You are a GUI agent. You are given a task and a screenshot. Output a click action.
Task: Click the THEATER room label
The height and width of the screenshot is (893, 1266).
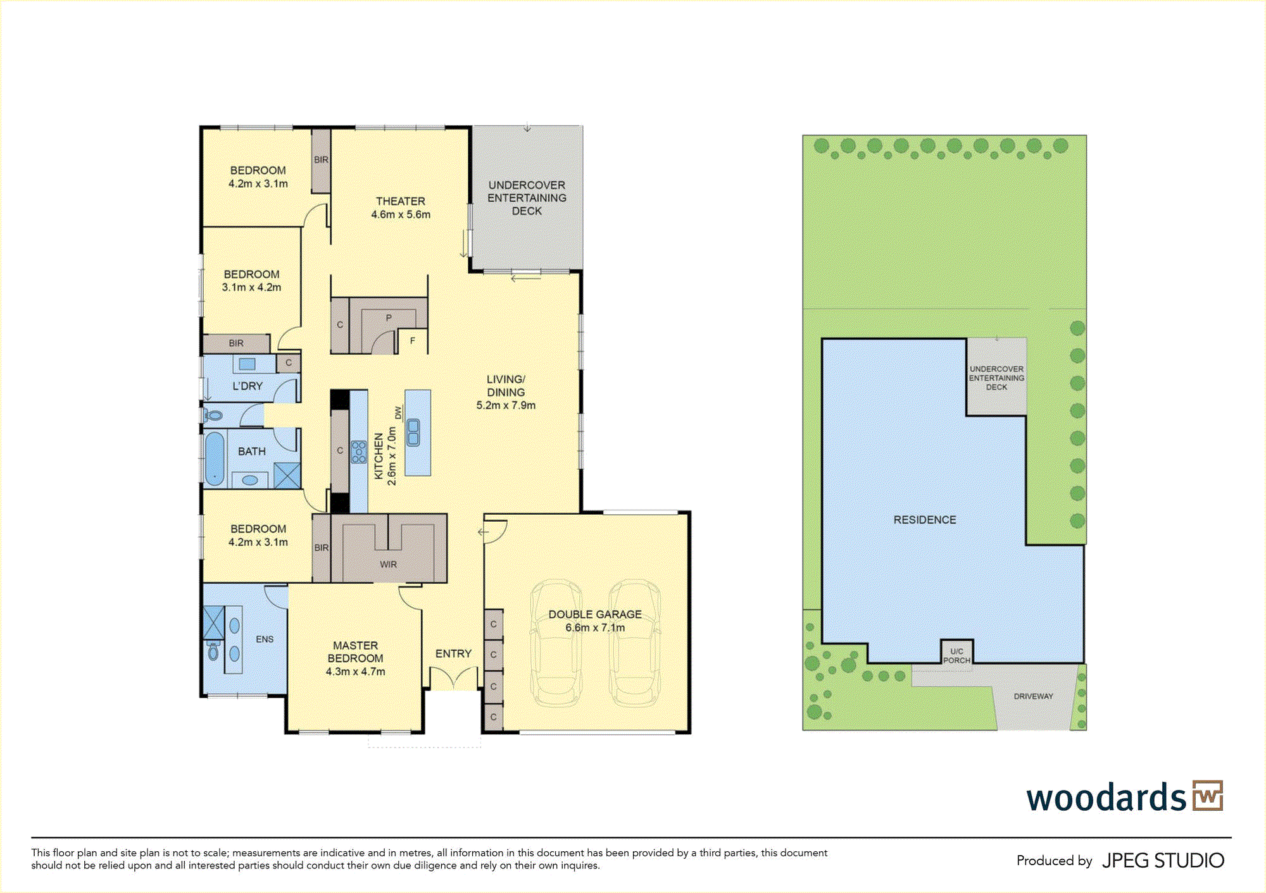[401, 201]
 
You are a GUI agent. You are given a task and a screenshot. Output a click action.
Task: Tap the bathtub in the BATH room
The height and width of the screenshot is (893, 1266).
[215, 459]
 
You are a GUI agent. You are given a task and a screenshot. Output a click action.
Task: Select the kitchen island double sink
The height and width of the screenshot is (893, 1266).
[413, 433]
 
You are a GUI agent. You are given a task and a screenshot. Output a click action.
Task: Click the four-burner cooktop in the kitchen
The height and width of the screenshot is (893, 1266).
[359, 452]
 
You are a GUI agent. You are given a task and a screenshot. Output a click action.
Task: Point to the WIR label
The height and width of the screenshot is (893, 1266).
[389, 564]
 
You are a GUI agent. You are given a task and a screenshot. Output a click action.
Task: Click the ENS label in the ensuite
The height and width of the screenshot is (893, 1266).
[265, 639]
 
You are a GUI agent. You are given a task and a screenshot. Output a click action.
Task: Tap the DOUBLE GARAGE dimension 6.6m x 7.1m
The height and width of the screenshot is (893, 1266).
[595, 627]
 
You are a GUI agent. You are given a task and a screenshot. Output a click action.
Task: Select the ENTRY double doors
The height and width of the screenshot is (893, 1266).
[453, 678]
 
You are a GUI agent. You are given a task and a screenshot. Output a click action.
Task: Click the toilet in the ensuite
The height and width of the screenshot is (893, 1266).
[213, 650]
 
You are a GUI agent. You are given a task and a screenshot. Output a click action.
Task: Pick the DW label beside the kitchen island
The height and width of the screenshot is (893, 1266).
[398, 412]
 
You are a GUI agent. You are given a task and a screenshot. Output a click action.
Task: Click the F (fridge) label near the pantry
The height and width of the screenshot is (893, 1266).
[413, 341]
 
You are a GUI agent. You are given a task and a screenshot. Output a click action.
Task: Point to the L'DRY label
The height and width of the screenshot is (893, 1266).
[248, 386]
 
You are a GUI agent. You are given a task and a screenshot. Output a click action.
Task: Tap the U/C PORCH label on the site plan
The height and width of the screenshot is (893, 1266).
[956, 656]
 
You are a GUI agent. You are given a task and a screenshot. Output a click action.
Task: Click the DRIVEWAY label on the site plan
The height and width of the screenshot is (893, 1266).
[1034, 696]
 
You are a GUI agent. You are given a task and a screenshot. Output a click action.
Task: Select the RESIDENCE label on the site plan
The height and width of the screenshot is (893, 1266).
[925, 520]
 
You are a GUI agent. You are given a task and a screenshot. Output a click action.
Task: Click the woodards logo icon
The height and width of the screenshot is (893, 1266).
[1208, 796]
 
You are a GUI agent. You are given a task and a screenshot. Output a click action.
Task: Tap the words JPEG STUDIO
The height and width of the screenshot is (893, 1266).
[1163, 861]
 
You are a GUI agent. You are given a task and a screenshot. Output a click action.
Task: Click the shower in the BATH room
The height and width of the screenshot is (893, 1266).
[287, 476]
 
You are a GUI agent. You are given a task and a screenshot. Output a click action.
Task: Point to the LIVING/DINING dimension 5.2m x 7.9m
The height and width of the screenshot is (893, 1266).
[506, 405]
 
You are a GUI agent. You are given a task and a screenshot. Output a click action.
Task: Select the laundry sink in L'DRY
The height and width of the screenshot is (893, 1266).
[247, 364]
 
